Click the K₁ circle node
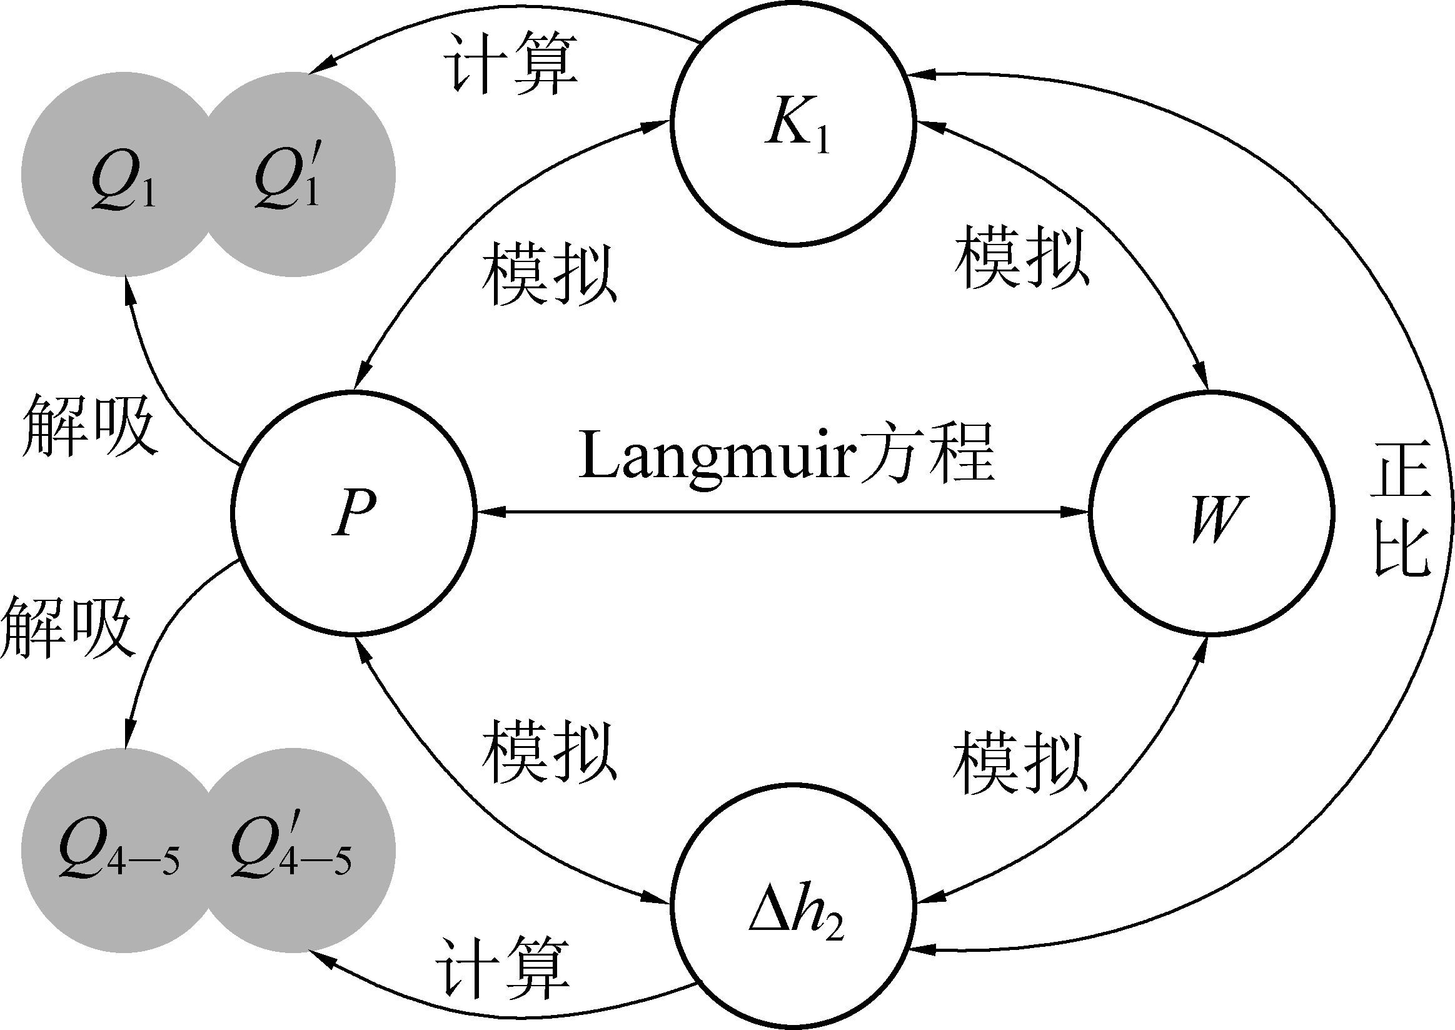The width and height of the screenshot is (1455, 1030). pos(792,124)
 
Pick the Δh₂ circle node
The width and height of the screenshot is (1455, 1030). pos(792,908)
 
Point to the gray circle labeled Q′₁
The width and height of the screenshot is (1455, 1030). pos(298,174)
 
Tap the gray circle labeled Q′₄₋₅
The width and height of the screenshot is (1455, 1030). pos(298,850)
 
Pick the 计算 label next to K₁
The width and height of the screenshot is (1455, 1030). pos(510,63)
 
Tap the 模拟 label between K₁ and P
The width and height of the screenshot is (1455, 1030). pos(548,275)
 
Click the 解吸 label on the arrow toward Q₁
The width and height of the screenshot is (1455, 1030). pos(89,425)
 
